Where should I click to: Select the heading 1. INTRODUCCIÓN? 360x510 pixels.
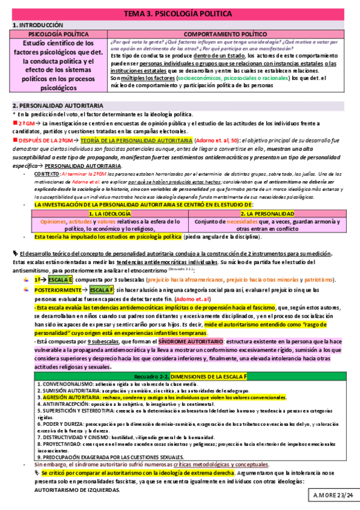(x=37, y=25)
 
